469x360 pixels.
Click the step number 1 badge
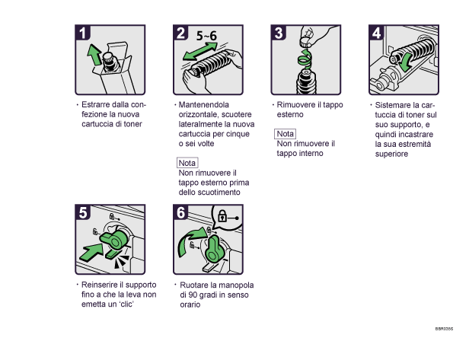pyautogui.click(x=84, y=33)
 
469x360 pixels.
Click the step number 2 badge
pyautogui.click(x=180, y=33)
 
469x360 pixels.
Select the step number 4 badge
pyautogui.click(x=376, y=33)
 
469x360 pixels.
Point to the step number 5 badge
pyautogui.click(x=84, y=213)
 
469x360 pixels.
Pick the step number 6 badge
pyautogui.click(x=180, y=213)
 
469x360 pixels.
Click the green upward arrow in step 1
pyautogui.click(x=94, y=56)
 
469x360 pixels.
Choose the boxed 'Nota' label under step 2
pyautogui.click(x=187, y=163)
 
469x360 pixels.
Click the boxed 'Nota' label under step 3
pyautogui.click(x=285, y=134)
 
